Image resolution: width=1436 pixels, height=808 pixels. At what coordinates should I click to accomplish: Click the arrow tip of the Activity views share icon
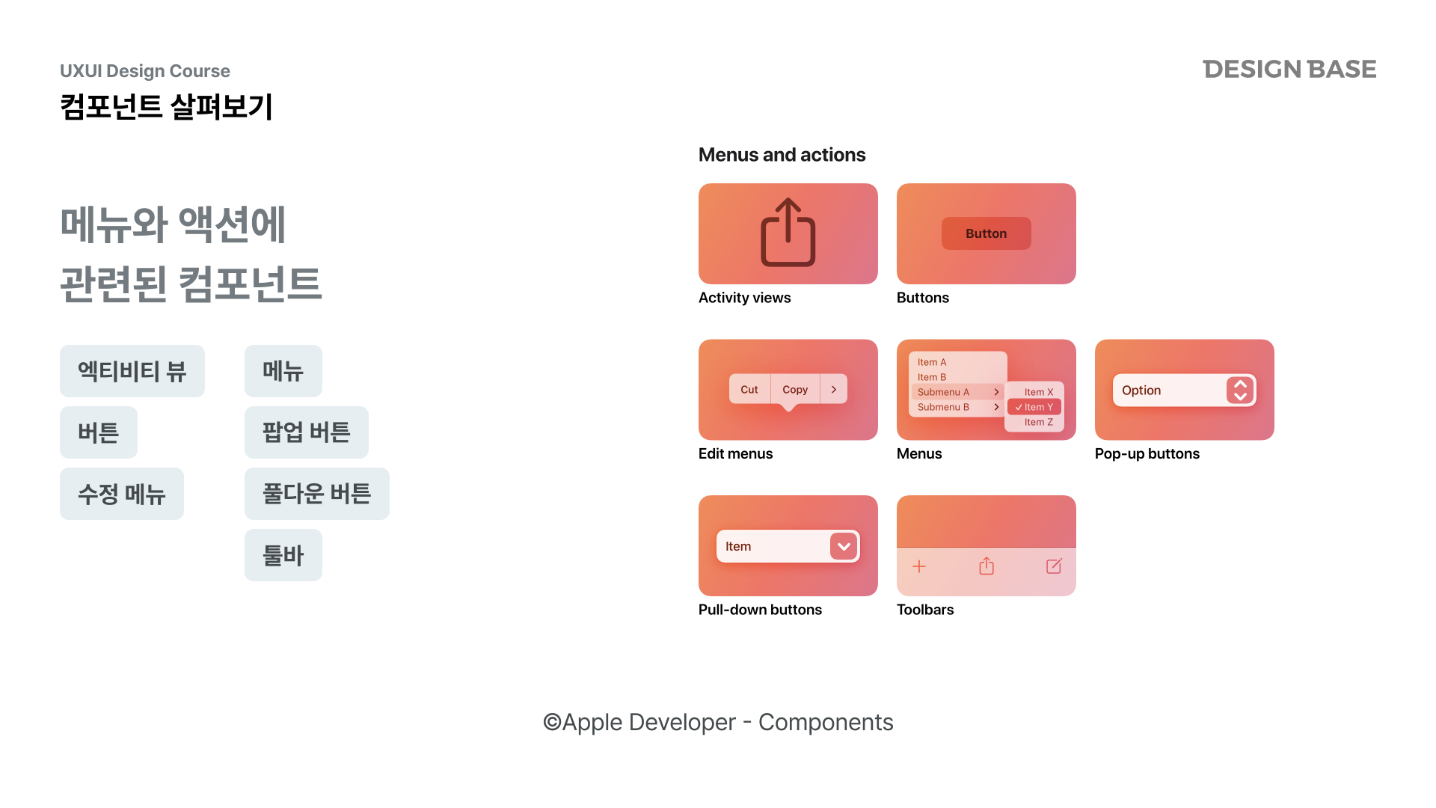coord(788,198)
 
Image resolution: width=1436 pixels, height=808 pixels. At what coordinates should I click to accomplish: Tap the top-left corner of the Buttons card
coord(897,184)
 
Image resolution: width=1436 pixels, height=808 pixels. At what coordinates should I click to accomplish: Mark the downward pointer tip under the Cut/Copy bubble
coord(788,411)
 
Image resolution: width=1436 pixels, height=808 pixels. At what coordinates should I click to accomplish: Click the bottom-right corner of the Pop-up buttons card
coord(1274,440)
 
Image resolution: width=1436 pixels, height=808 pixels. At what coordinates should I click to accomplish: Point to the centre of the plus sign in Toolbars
coord(919,566)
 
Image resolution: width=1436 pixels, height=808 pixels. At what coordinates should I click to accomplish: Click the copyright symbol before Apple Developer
coord(552,722)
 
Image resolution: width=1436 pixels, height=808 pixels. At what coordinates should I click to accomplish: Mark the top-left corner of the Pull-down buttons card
coord(699,496)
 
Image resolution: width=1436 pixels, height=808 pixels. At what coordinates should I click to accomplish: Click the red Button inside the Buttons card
coord(987,233)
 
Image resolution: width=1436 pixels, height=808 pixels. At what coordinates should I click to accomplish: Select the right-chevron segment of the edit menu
coord(834,389)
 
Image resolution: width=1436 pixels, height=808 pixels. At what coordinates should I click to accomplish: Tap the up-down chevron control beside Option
coord(1240,391)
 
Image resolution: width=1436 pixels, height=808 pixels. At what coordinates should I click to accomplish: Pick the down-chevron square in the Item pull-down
coord(844,546)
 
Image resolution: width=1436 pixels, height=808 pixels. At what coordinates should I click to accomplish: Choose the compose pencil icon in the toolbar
coord(1054,566)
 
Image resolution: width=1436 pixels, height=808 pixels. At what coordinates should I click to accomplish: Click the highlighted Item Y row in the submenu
coord(1034,407)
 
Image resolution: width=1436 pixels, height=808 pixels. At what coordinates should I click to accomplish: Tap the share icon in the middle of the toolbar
coord(987,566)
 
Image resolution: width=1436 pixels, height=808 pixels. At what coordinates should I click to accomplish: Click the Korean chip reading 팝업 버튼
coord(307,432)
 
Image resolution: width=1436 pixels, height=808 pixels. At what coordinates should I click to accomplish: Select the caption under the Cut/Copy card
coord(736,454)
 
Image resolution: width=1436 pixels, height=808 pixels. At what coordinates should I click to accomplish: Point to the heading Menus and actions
coord(782,155)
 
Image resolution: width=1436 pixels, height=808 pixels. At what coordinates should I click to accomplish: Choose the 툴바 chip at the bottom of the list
coord(283,555)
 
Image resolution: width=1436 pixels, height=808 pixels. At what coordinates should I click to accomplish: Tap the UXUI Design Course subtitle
coord(145,71)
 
